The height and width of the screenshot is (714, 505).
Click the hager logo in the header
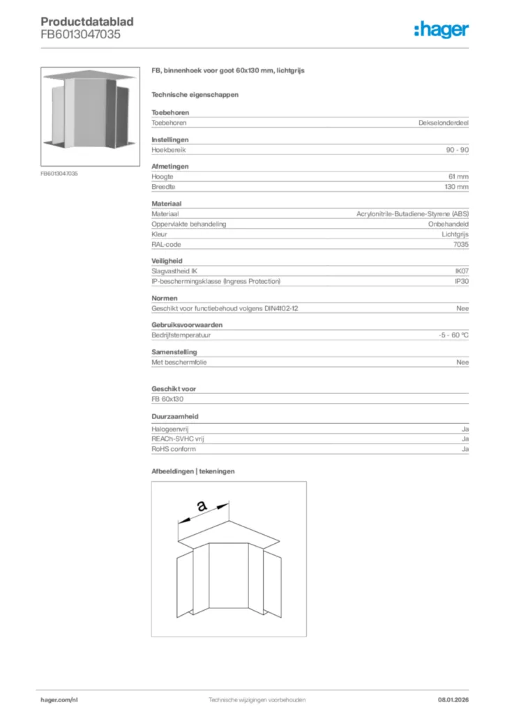coord(441,29)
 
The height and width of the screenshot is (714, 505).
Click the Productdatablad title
coord(86,22)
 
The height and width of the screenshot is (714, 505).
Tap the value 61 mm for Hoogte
coord(458,176)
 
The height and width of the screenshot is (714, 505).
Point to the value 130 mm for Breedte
coord(456,187)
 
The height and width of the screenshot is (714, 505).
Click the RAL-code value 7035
coord(460,245)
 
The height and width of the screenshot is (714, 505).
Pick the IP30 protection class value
coord(461,281)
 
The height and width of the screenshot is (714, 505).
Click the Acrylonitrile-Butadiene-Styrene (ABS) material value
coord(412,213)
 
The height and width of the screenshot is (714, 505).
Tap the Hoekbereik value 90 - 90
coord(455,150)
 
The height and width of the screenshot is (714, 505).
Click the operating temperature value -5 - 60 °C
coord(449,335)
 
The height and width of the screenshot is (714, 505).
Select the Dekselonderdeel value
coord(443,123)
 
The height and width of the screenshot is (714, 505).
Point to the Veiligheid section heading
coord(168,261)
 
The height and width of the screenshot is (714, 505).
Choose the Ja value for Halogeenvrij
coord(465,428)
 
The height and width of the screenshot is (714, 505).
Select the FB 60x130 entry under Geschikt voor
coord(167,399)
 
